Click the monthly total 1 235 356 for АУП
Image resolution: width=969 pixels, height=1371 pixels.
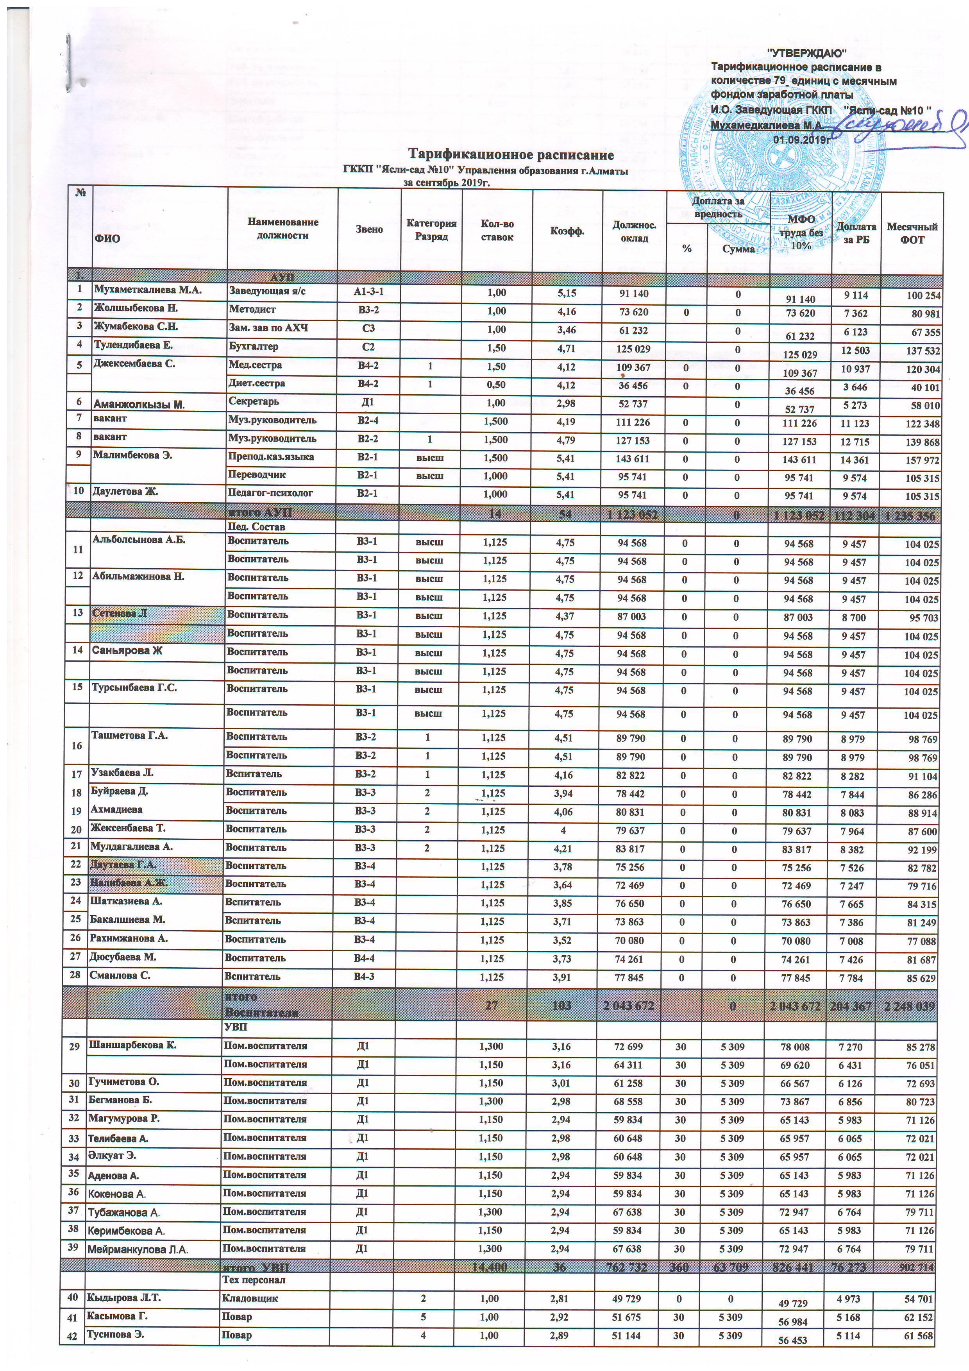coord(912,515)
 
